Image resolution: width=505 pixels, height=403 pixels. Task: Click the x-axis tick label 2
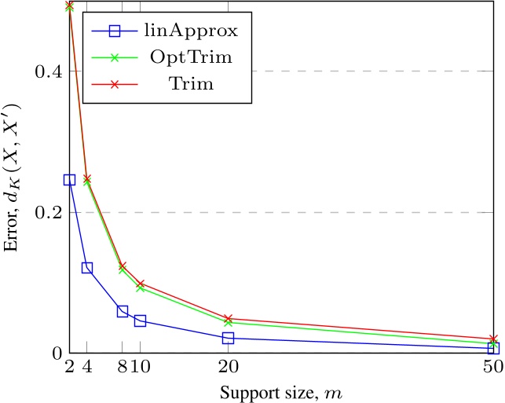point(69,366)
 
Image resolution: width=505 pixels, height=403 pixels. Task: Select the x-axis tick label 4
point(86,366)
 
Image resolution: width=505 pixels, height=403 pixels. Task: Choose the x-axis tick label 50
point(492,366)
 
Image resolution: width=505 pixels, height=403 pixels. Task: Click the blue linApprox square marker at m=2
point(69,180)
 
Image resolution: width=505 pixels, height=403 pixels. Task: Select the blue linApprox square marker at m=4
point(87,268)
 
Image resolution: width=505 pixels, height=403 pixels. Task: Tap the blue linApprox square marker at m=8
point(123,311)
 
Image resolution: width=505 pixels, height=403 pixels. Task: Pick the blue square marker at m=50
point(493,348)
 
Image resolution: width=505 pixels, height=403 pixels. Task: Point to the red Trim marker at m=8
point(123,266)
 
